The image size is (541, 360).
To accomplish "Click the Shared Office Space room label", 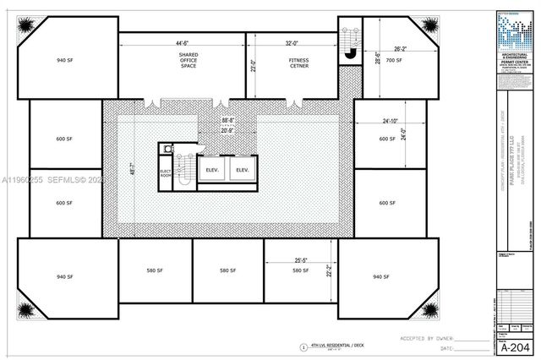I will [x=188, y=60].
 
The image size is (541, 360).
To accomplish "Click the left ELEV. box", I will [x=212, y=170].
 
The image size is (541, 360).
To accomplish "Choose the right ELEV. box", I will [x=243, y=170].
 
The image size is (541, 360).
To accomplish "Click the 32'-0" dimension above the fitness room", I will [x=292, y=43].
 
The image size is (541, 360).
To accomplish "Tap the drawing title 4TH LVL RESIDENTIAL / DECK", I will [x=338, y=346].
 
